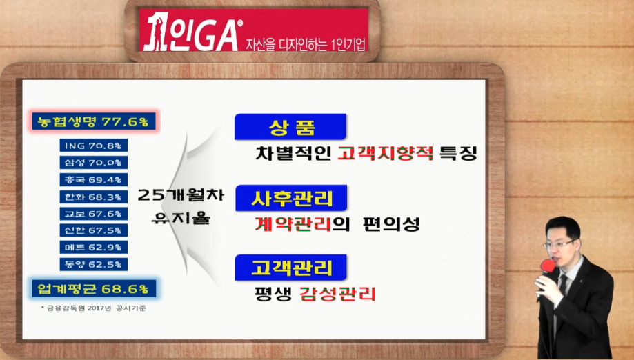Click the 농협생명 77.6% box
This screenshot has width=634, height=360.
click(94, 121)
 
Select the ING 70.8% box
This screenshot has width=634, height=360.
click(93, 146)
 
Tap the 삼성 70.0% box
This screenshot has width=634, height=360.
click(93, 163)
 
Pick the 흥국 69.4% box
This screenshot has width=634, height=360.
click(93, 179)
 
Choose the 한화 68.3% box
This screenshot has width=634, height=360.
click(93, 197)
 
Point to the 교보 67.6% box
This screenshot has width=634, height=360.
click(93, 214)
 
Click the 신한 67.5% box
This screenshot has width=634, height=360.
click(93, 230)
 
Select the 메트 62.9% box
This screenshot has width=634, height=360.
click(93, 248)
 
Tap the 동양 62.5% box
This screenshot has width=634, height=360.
click(93, 264)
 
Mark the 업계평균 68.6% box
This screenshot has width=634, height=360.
click(94, 289)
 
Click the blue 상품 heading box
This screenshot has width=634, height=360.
click(290, 127)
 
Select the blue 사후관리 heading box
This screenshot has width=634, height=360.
click(291, 198)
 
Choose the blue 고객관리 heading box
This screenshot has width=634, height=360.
click(290, 268)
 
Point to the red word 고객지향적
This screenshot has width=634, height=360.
click(386, 153)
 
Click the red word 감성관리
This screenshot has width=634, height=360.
click(337, 294)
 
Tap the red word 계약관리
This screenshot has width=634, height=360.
click(293, 224)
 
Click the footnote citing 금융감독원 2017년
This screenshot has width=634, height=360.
click(93, 308)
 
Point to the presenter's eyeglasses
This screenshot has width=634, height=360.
click(560, 244)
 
